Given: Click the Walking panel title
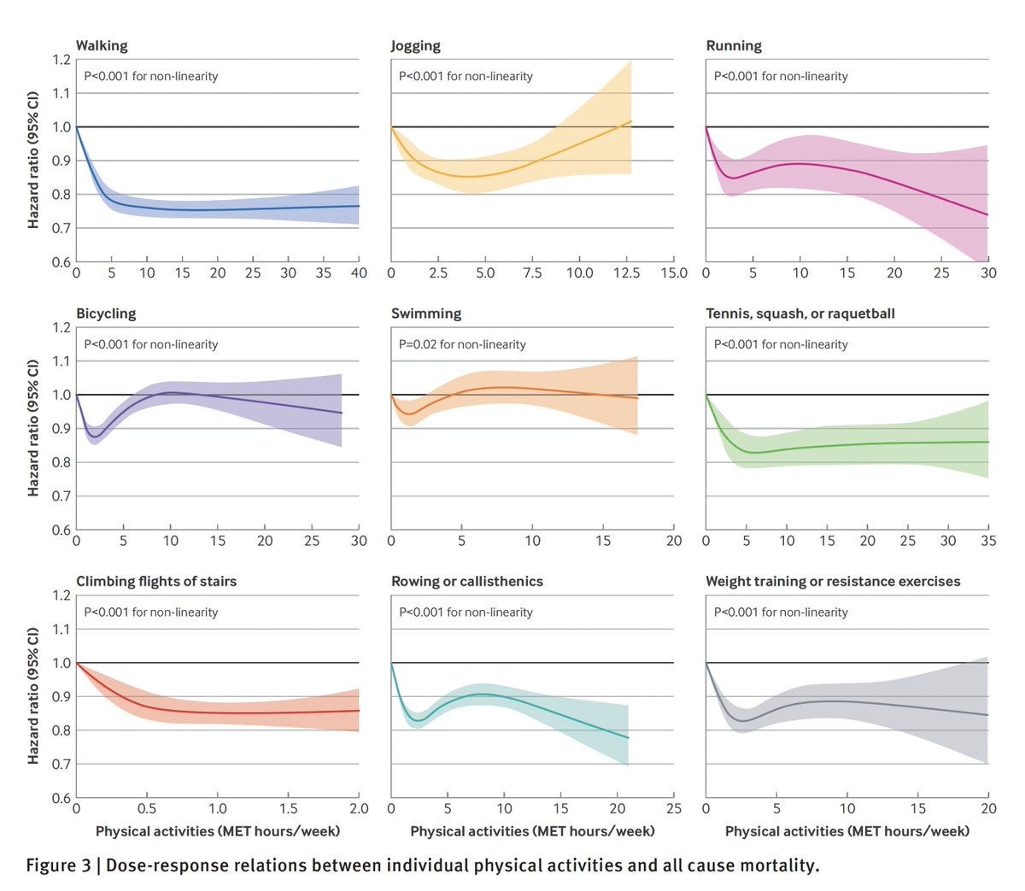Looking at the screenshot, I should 102,46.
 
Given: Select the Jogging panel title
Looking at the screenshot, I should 416,46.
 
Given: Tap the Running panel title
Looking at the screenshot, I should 734,46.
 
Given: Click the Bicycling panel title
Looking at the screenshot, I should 106,314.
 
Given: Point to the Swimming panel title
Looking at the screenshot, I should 426,314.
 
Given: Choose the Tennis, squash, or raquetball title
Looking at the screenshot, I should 800,314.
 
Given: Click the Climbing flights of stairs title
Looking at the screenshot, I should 156,581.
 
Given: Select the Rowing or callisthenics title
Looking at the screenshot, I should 467,581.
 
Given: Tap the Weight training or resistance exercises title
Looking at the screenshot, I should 833,581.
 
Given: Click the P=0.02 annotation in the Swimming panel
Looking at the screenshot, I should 462,344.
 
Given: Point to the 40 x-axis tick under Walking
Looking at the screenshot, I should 359,273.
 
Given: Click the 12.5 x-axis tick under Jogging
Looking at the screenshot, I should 626,273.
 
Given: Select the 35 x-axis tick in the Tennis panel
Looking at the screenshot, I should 988,541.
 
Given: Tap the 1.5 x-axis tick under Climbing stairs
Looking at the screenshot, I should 288,809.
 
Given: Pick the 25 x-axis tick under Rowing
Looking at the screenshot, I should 674,809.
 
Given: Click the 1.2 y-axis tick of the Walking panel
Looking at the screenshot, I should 61,60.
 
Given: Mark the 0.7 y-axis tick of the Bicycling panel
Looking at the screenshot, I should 61,496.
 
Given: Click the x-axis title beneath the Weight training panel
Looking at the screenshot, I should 847,831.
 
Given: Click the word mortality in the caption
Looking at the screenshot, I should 776,865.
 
